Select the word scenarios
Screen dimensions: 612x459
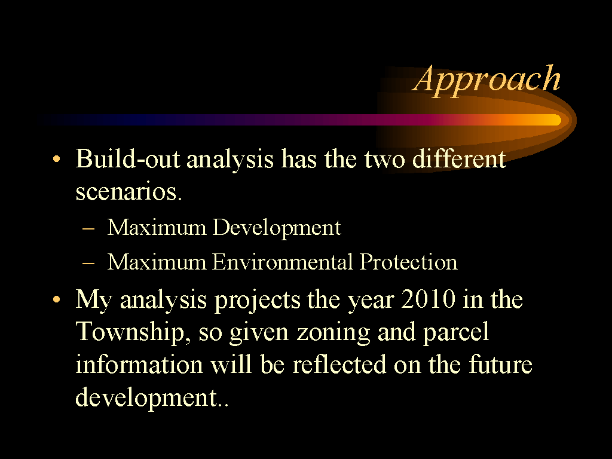[x=129, y=192]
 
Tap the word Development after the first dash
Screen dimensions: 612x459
[x=277, y=228]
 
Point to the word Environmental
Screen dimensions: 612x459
[x=283, y=262]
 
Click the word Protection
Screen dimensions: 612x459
[x=408, y=262]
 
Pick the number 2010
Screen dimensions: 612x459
[x=428, y=299]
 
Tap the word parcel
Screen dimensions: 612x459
[x=456, y=333]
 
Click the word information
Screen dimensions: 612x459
[x=139, y=365]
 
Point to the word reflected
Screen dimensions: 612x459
[x=339, y=365]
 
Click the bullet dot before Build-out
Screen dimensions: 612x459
[x=57, y=159]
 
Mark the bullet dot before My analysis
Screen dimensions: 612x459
[x=57, y=299]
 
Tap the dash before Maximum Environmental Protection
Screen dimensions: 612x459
[x=88, y=263]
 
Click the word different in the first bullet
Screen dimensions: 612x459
[x=459, y=159]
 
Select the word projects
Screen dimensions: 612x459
[x=258, y=301]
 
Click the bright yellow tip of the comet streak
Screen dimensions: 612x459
[x=556, y=120]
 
